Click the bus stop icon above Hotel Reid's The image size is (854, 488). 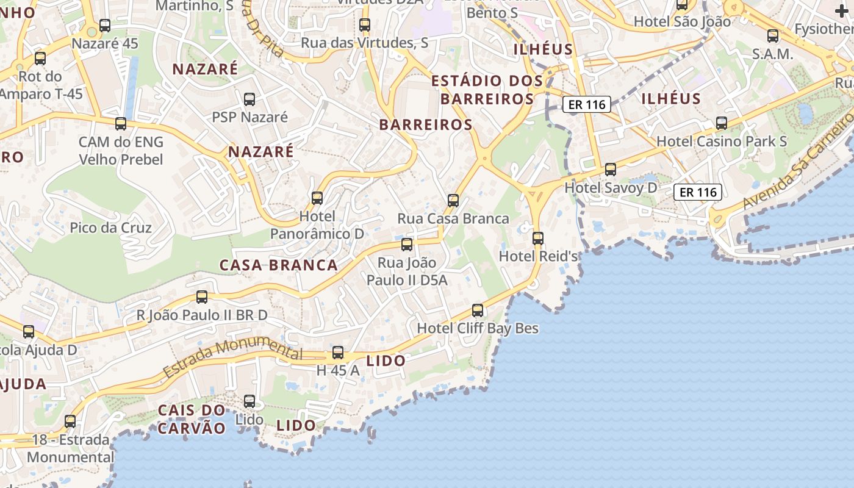(x=537, y=238)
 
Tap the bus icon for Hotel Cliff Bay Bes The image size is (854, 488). (x=478, y=310)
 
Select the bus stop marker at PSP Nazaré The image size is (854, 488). (x=249, y=99)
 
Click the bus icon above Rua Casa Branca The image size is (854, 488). (x=453, y=200)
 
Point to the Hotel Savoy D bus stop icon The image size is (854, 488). (x=610, y=170)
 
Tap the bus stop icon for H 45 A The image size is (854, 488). (x=337, y=353)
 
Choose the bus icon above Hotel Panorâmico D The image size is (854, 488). (x=317, y=198)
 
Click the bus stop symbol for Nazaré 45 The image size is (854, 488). (x=105, y=26)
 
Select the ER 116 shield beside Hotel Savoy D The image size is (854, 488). (x=698, y=192)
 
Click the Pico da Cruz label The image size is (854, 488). (x=111, y=228)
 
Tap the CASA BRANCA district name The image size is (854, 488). (x=278, y=265)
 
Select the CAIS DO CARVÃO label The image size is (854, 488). (x=192, y=418)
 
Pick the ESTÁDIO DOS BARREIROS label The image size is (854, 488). (x=487, y=89)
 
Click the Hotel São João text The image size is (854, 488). (x=682, y=21)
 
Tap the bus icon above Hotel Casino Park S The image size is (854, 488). (x=722, y=123)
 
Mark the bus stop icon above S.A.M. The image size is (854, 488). (x=773, y=36)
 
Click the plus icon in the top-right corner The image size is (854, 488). (x=841, y=11)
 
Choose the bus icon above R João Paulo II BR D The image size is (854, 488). (x=201, y=297)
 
